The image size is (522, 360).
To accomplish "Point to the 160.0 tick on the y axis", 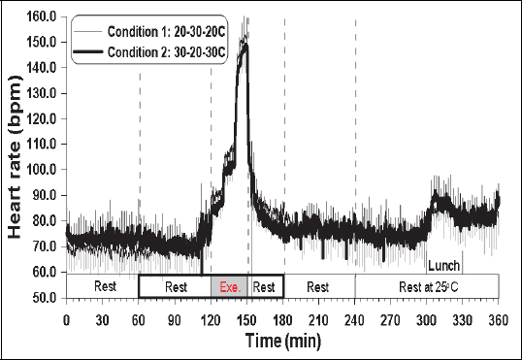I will point(42,16).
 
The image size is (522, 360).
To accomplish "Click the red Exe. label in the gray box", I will point(229,287).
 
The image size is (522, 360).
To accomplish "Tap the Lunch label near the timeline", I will point(443,263).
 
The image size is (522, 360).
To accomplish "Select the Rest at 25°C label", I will point(427,287).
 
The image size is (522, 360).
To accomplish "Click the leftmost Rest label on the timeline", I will point(102,287).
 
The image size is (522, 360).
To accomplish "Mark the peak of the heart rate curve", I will point(245,44).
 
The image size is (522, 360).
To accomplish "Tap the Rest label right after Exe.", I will point(265,287).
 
